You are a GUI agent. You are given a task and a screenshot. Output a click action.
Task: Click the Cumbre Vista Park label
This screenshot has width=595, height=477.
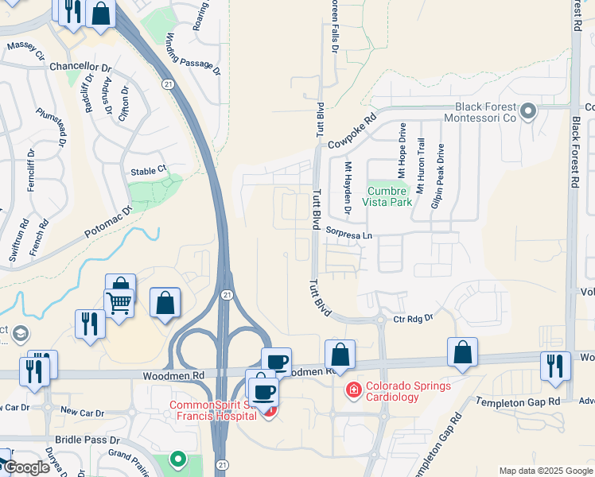click(x=389, y=196)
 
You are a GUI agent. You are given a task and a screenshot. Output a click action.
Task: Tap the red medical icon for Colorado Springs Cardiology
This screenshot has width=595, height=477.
click(x=352, y=390)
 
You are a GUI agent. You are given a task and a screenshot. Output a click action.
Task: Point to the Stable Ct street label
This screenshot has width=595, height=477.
click(x=150, y=170)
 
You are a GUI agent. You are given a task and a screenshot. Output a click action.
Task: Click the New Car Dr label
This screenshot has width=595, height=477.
click(x=78, y=412)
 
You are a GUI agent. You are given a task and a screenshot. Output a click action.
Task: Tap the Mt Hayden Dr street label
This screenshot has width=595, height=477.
click(x=348, y=188)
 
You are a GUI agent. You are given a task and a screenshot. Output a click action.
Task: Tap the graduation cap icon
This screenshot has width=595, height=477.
click(x=19, y=333)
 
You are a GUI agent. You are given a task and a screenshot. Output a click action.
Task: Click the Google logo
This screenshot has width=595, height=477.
click(x=26, y=467)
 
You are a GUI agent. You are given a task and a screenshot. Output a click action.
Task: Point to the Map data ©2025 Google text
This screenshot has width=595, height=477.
click(x=544, y=471)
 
